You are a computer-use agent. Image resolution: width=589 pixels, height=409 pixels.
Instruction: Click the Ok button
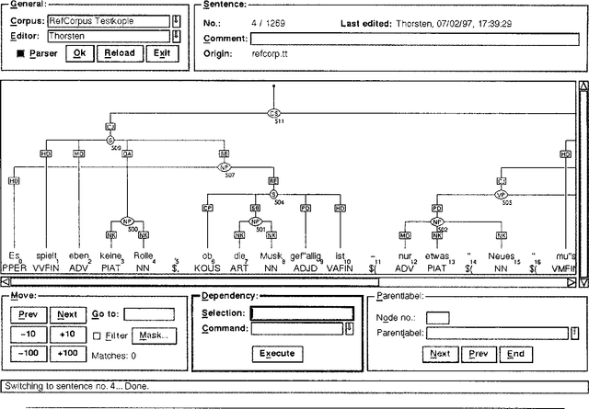tap(80, 53)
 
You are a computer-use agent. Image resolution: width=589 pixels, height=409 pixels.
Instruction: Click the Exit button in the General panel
tap(162, 53)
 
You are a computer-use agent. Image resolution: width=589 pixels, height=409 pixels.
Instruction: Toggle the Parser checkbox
tap(21, 53)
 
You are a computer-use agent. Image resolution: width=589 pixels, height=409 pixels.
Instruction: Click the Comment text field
tap(413, 39)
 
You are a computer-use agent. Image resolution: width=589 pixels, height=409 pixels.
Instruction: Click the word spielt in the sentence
tap(47, 256)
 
